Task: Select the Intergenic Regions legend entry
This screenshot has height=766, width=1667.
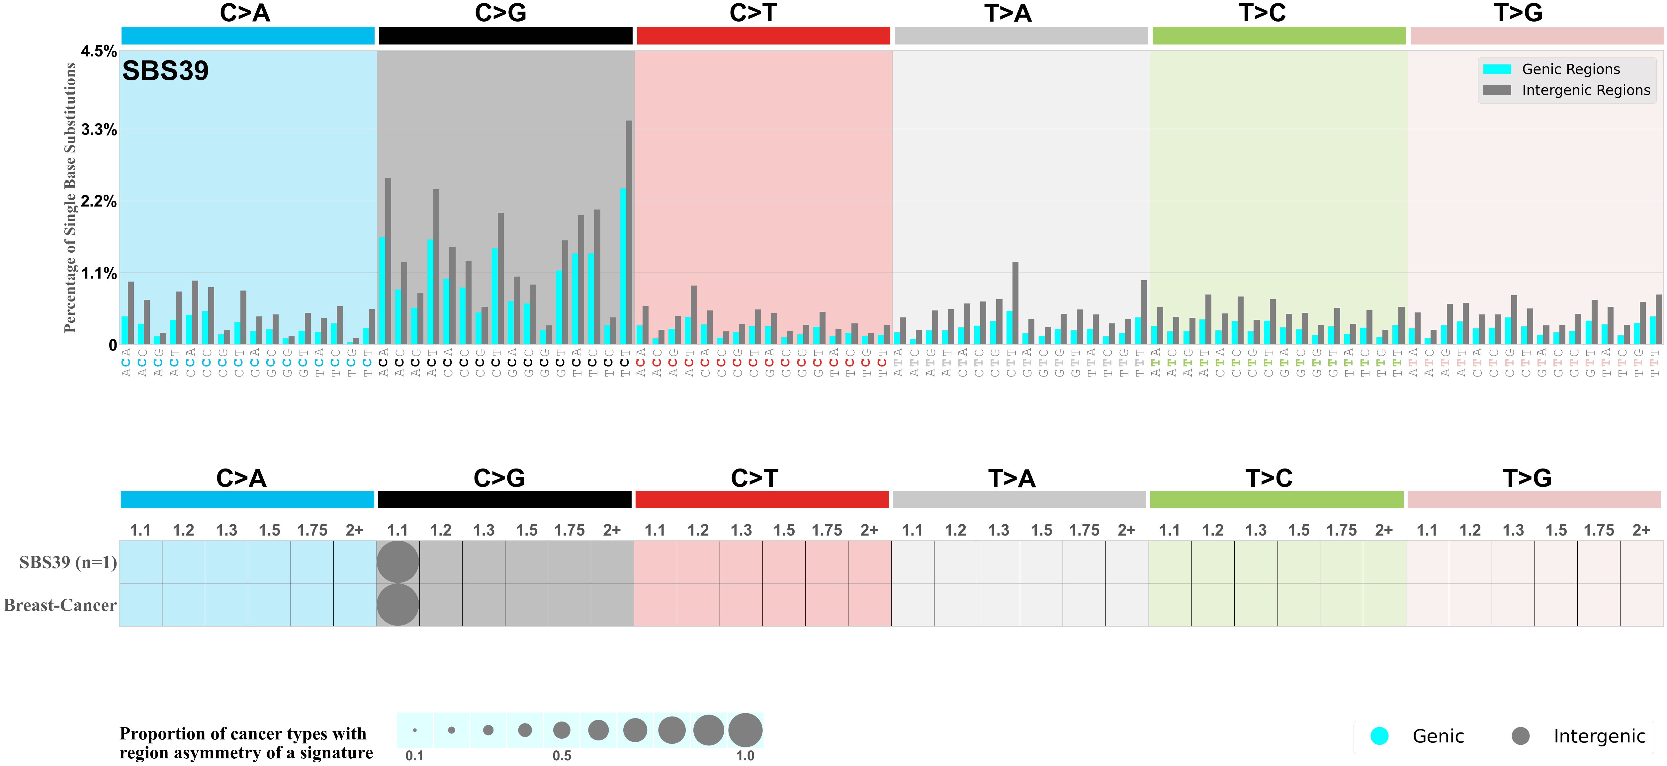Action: (1585, 90)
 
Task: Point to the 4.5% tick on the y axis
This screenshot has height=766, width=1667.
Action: (98, 51)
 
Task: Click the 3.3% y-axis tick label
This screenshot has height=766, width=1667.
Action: (98, 129)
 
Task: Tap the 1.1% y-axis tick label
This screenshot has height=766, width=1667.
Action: (98, 273)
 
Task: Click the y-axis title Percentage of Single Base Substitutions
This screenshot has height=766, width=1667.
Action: (70, 197)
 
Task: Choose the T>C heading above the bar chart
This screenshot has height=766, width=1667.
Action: (1262, 13)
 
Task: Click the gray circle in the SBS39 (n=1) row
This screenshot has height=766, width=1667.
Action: (398, 561)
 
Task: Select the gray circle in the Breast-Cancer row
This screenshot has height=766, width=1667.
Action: (398, 605)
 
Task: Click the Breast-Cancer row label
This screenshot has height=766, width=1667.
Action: (60, 605)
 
